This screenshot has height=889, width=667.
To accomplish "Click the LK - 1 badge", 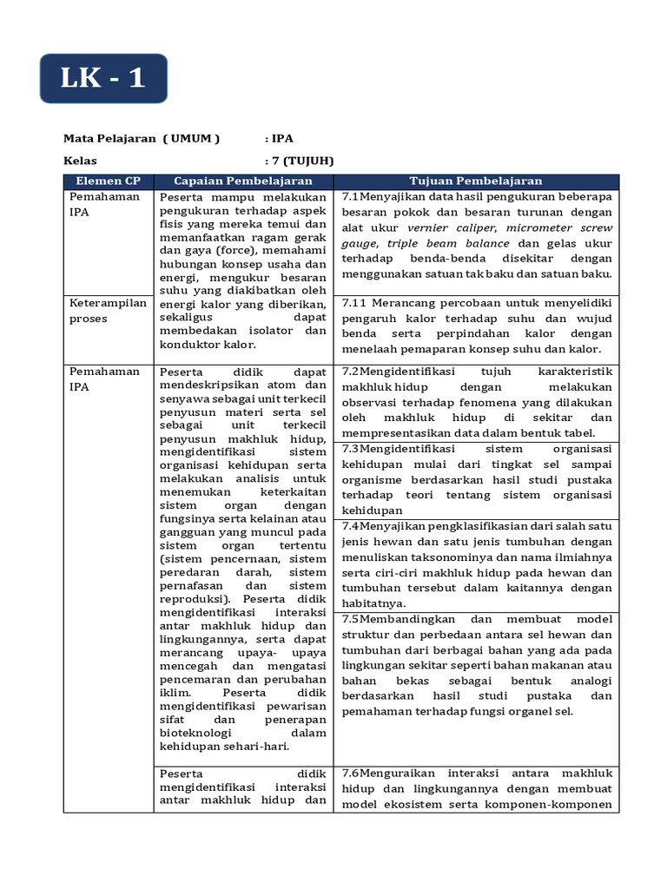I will [102, 78].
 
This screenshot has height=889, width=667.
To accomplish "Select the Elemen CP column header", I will [109, 181].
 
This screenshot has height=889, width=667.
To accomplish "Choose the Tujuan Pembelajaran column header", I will [477, 181].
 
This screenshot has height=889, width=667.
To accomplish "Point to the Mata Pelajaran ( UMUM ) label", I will [142, 138].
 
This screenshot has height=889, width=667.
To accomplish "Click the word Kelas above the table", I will [80, 161].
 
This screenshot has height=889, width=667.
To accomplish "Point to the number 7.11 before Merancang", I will [356, 302].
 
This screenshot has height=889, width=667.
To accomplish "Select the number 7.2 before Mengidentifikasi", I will [351, 371].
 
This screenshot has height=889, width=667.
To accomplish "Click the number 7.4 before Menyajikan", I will [351, 526].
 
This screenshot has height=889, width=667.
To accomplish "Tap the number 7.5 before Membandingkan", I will [351, 619].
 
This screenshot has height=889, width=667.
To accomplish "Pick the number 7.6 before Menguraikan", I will [351, 773].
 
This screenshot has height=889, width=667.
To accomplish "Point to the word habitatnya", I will [373, 603].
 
